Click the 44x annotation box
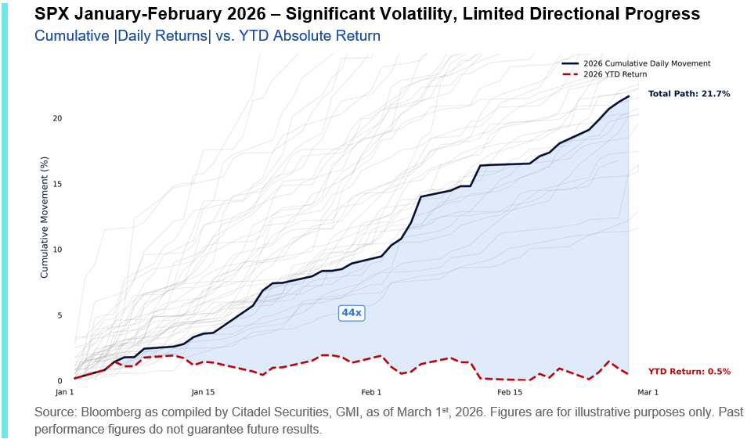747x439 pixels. click(x=352, y=313)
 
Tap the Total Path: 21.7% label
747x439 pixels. click(x=689, y=94)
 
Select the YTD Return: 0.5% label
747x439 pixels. click(x=689, y=372)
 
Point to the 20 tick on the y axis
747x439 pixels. click(x=57, y=118)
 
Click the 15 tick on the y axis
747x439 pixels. click(x=57, y=184)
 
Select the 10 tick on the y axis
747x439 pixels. click(x=57, y=250)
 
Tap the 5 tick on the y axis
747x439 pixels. click(x=59, y=315)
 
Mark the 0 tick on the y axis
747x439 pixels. click(x=59, y=381)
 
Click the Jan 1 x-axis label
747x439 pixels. click(x=65, y=391)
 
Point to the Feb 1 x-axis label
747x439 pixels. click(x=371, y=391)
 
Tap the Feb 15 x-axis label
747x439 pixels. click(x=509, y=391)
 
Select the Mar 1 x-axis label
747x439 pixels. click(x=648, y=391)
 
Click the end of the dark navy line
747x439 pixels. click(x=629, y=96)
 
